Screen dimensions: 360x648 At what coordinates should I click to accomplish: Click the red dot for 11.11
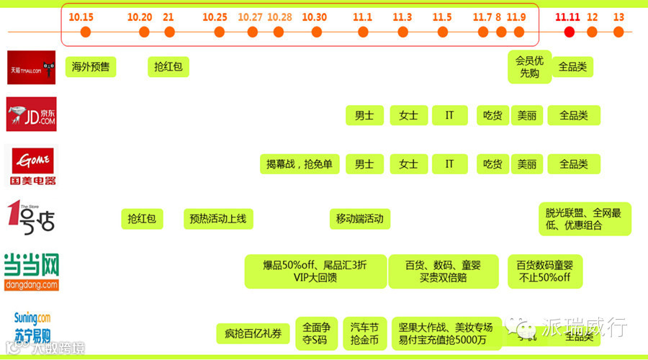pos(570,32)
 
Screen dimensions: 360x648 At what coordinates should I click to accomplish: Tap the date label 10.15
pos(81,17)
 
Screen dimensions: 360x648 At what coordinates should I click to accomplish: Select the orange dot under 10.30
pos(314,32)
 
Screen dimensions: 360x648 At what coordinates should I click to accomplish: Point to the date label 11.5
pos(442,17)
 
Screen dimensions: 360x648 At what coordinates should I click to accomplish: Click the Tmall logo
pos(31,68)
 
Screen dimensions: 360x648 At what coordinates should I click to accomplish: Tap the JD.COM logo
pos(31,114)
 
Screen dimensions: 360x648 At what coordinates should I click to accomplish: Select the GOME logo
pos(31,165)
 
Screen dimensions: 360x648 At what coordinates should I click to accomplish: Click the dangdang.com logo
pos(31,272)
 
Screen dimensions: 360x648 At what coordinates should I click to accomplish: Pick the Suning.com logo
pos(32,326)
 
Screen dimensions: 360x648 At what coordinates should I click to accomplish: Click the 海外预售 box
pos(90,68)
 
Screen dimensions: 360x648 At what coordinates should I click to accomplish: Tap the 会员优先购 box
pos(529,67)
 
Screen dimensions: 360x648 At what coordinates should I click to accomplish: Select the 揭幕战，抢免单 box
pos(299,164)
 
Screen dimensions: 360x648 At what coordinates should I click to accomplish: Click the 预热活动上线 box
pos(218,218)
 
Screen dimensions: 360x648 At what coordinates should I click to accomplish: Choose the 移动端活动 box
pos(359,218)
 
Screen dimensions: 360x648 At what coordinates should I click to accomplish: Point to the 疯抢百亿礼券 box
pos(253,333)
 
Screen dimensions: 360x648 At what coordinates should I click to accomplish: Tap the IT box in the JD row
pos(450,115)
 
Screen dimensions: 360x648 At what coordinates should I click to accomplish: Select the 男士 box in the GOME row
pos(364,164)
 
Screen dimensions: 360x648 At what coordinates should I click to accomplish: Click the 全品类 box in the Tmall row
pos(573,67)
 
